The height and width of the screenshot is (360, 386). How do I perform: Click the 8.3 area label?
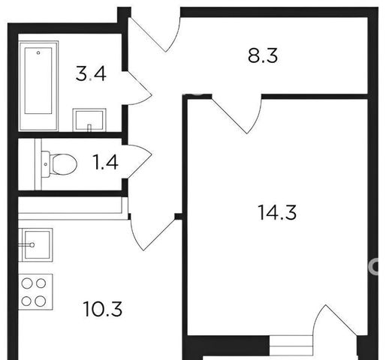point(263,55)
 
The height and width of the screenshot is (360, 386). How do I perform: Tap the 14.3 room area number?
point(277,212)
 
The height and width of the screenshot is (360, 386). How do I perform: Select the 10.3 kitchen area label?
point(103,309)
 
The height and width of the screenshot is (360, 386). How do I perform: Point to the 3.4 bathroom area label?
point(91,73)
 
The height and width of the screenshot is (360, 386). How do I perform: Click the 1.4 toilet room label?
point(105,162)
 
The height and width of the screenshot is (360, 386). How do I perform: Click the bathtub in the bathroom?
point(38,85)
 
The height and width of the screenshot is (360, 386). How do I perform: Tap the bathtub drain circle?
point(38,52)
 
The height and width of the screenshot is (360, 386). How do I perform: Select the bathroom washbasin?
point(89,120)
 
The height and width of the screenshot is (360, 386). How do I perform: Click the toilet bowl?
point(63,164)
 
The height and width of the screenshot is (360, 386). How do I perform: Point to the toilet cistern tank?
point(45,164)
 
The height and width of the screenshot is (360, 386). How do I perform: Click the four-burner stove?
point(35,292)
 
